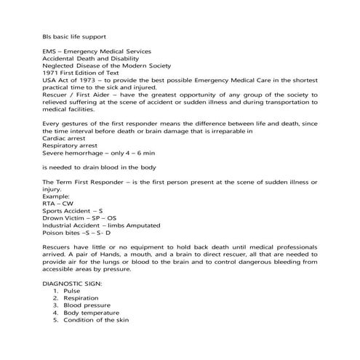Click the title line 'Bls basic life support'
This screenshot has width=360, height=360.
pyautogui.click(x=73, y=34)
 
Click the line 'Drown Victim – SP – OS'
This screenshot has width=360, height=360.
pyautogui.click(x=79, y=218)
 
